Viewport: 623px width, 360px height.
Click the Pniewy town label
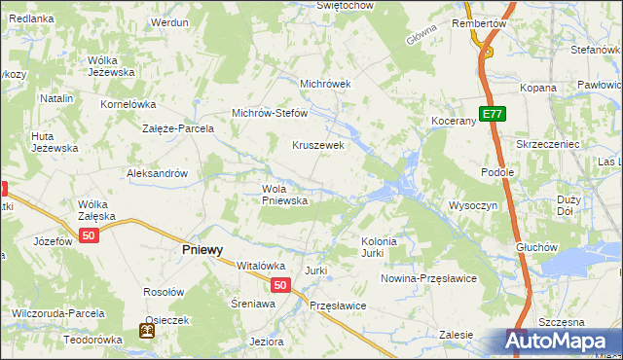[202, 249]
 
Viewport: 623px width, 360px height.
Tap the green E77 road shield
[493, 114]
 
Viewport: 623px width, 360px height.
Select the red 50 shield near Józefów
[89, 236]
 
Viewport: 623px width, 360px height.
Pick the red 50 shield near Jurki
[279, 285]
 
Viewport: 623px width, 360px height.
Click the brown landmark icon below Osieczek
[147, 332]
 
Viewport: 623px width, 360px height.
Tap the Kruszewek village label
[318, 145]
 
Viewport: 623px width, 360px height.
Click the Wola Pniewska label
[284, 195]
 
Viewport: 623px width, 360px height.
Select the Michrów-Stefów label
[269, 113]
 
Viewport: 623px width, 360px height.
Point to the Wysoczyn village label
[473, 205]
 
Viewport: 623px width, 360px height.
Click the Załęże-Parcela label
[176, 127]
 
